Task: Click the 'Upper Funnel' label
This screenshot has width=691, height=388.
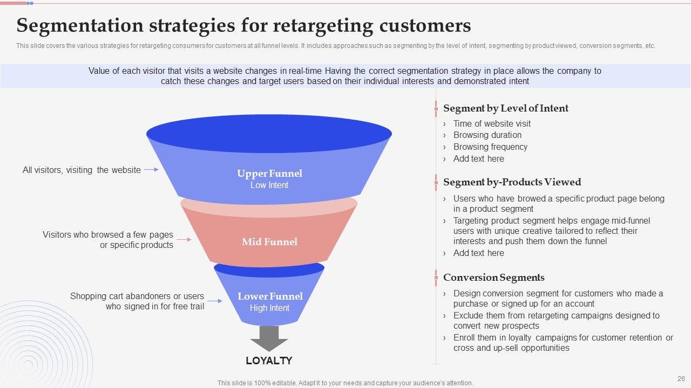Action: [269, 174]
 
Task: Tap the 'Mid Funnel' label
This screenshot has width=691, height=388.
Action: [269, 242]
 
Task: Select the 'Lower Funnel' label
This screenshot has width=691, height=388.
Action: [270, 296]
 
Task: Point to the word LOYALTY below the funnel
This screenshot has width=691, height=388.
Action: [269, 361]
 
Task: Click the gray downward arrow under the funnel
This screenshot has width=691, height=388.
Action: [269, 338]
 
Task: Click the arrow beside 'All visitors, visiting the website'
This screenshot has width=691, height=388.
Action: [151, 170]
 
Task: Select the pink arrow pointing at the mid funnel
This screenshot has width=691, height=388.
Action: [184, 239]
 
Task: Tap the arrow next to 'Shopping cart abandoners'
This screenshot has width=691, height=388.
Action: [215, 301]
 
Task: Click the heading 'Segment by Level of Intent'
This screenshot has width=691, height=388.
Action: [505, 108]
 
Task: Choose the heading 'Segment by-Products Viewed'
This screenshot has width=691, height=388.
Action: [512, 182]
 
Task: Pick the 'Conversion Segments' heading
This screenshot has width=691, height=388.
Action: [493, 278]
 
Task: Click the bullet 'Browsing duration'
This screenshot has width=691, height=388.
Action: [487, 135]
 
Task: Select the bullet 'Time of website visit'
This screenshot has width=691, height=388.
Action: [492, 123]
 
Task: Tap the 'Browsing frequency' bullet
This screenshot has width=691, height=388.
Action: [490, 147]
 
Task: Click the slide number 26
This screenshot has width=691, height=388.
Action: [681, 379]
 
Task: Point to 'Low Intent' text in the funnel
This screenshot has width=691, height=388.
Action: [269, 185]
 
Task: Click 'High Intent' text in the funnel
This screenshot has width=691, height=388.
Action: [269, 308]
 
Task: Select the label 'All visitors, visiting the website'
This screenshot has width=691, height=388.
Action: [82, 170]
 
